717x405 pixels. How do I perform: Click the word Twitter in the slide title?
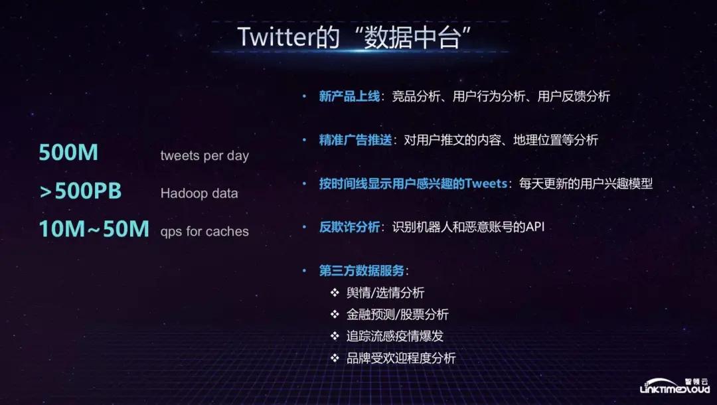tap(274, 37)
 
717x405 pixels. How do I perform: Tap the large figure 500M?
tap(68, 153)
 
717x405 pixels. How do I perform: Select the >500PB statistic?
tap(80, 192)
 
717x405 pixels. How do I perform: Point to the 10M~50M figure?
tap(94, 230)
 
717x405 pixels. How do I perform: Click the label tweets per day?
tap(204, 156)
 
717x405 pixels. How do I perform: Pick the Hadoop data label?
tap(199, 194)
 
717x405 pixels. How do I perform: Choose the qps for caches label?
tap(204, 232)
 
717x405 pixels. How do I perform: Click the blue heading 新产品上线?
tap(349, 97)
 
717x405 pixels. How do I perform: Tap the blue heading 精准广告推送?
tap(355, 140)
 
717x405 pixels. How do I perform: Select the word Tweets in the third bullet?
tap(487, 184)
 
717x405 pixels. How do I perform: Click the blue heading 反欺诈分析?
tap(349, 227)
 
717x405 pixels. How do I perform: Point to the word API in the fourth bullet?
tap(534, 227)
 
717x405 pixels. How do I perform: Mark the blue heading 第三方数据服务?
tap(361, 271)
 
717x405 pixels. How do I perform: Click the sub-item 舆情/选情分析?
tap(386, 293)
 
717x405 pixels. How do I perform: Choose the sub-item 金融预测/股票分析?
tap(398, 315)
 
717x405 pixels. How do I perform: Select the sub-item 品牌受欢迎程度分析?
tap(401, 359)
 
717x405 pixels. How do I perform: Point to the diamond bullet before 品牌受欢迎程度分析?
tap(335, 359)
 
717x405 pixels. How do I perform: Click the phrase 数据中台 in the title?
tap(412, 37)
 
